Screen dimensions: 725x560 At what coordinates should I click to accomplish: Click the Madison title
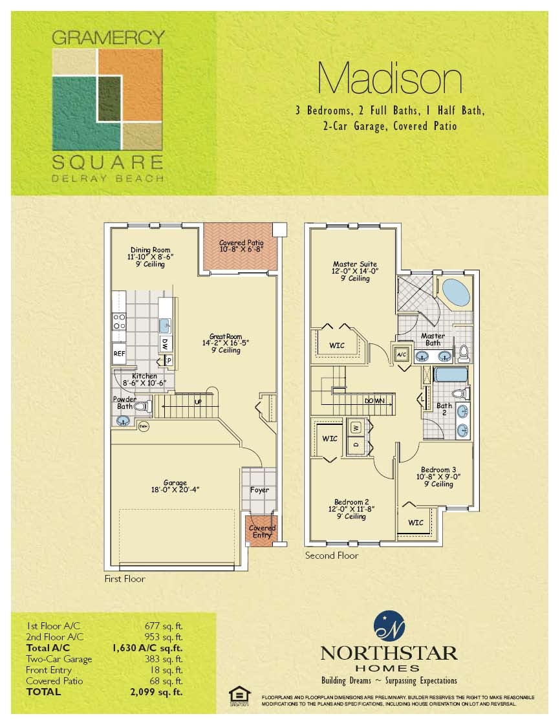(x=390, y=80)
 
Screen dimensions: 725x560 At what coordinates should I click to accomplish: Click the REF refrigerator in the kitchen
(x=119, y=354)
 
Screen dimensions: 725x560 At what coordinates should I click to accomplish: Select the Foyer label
(x=259, y=490)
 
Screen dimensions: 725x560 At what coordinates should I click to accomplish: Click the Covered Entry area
(x=262, y=531)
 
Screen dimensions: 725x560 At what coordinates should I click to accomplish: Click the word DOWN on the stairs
(x=374, y=401)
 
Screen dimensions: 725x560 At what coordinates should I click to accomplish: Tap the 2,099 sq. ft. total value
(x=156, y=691)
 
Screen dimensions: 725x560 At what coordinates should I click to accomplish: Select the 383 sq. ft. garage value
(x=164, y=659)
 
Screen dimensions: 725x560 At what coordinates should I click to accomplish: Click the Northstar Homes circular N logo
(x=389, y=625)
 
